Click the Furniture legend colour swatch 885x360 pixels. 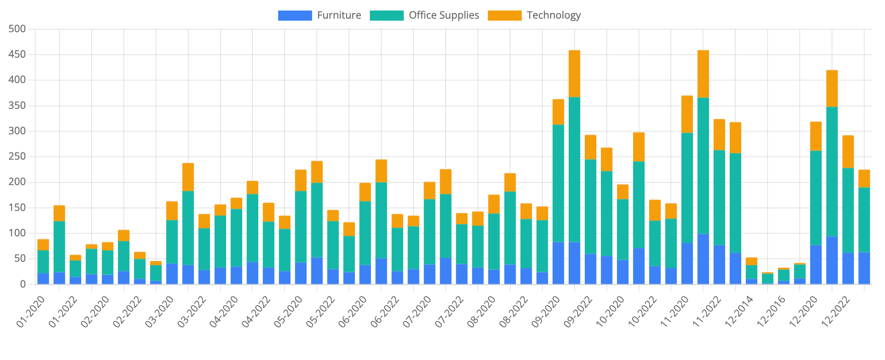(x=295, y=16)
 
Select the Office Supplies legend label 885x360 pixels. (x=444, y=16)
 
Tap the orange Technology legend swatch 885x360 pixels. (x=504, y=16)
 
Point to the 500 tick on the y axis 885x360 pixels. (x=17, y=29)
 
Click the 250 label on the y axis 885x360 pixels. (x=17, y=157)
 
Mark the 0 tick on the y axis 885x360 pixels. (x=22, y=285)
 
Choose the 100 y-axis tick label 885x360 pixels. (x=17, y=234)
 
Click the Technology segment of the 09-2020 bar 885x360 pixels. (x=558, y=112)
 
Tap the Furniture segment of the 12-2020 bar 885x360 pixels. (x=815, y=265)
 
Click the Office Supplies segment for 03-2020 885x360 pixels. (x=172, y=242)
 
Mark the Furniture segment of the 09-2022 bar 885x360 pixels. (x=590, y=269)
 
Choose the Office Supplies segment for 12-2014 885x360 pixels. (x=751, y=272)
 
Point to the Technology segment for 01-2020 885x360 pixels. (x=43, y=245)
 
